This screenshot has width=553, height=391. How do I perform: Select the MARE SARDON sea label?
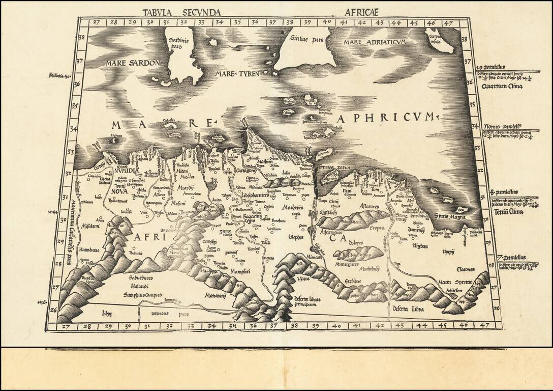[x=132, y=63]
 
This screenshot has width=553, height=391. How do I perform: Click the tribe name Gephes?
[x=296, y=237]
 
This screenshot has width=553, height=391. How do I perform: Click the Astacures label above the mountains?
[x=368, y=206]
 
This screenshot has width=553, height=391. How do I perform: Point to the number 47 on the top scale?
[x=448, y=22]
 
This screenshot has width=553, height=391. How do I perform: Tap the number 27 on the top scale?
[x=95, y=22]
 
